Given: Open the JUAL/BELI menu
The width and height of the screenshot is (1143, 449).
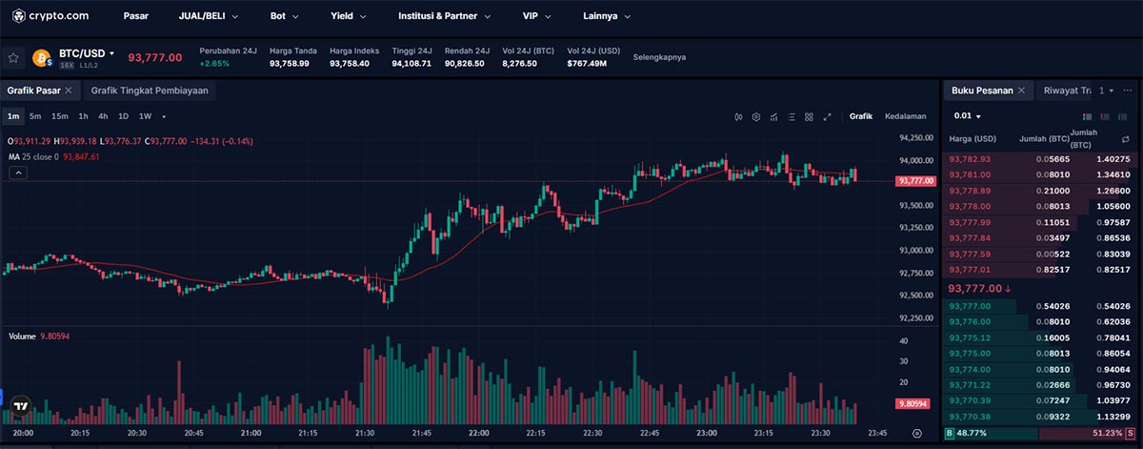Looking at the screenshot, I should click(208, 16).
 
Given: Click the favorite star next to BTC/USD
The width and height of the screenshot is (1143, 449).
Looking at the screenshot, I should click(13, 57).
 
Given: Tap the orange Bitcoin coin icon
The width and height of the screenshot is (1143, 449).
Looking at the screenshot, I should click(42, 58).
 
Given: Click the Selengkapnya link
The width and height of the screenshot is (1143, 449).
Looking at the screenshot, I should click(659, 57).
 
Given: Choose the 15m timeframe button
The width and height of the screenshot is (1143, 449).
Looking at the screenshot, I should click(60, 116).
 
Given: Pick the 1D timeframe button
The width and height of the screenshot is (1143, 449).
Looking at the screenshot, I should click(123, 116).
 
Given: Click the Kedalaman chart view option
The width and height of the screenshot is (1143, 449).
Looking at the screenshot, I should click(905, 116).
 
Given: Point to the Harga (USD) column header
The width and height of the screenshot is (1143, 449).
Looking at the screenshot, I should click(973, 139).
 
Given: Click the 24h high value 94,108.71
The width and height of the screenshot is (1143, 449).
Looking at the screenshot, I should click(411, 64).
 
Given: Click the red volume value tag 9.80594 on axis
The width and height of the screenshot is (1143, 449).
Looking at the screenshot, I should click(914, 404).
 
